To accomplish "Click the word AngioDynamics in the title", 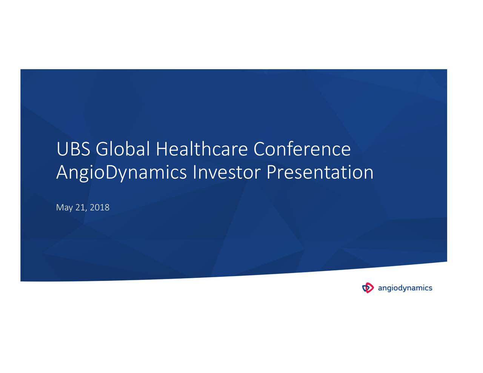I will click(x=121, y=173).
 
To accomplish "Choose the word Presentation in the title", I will click(x=320, y=172).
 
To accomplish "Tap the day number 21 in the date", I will click(x=80, y=207).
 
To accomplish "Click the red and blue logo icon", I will click(x=368, y=288).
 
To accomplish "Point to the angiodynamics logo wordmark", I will click(x=405, y=289).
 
